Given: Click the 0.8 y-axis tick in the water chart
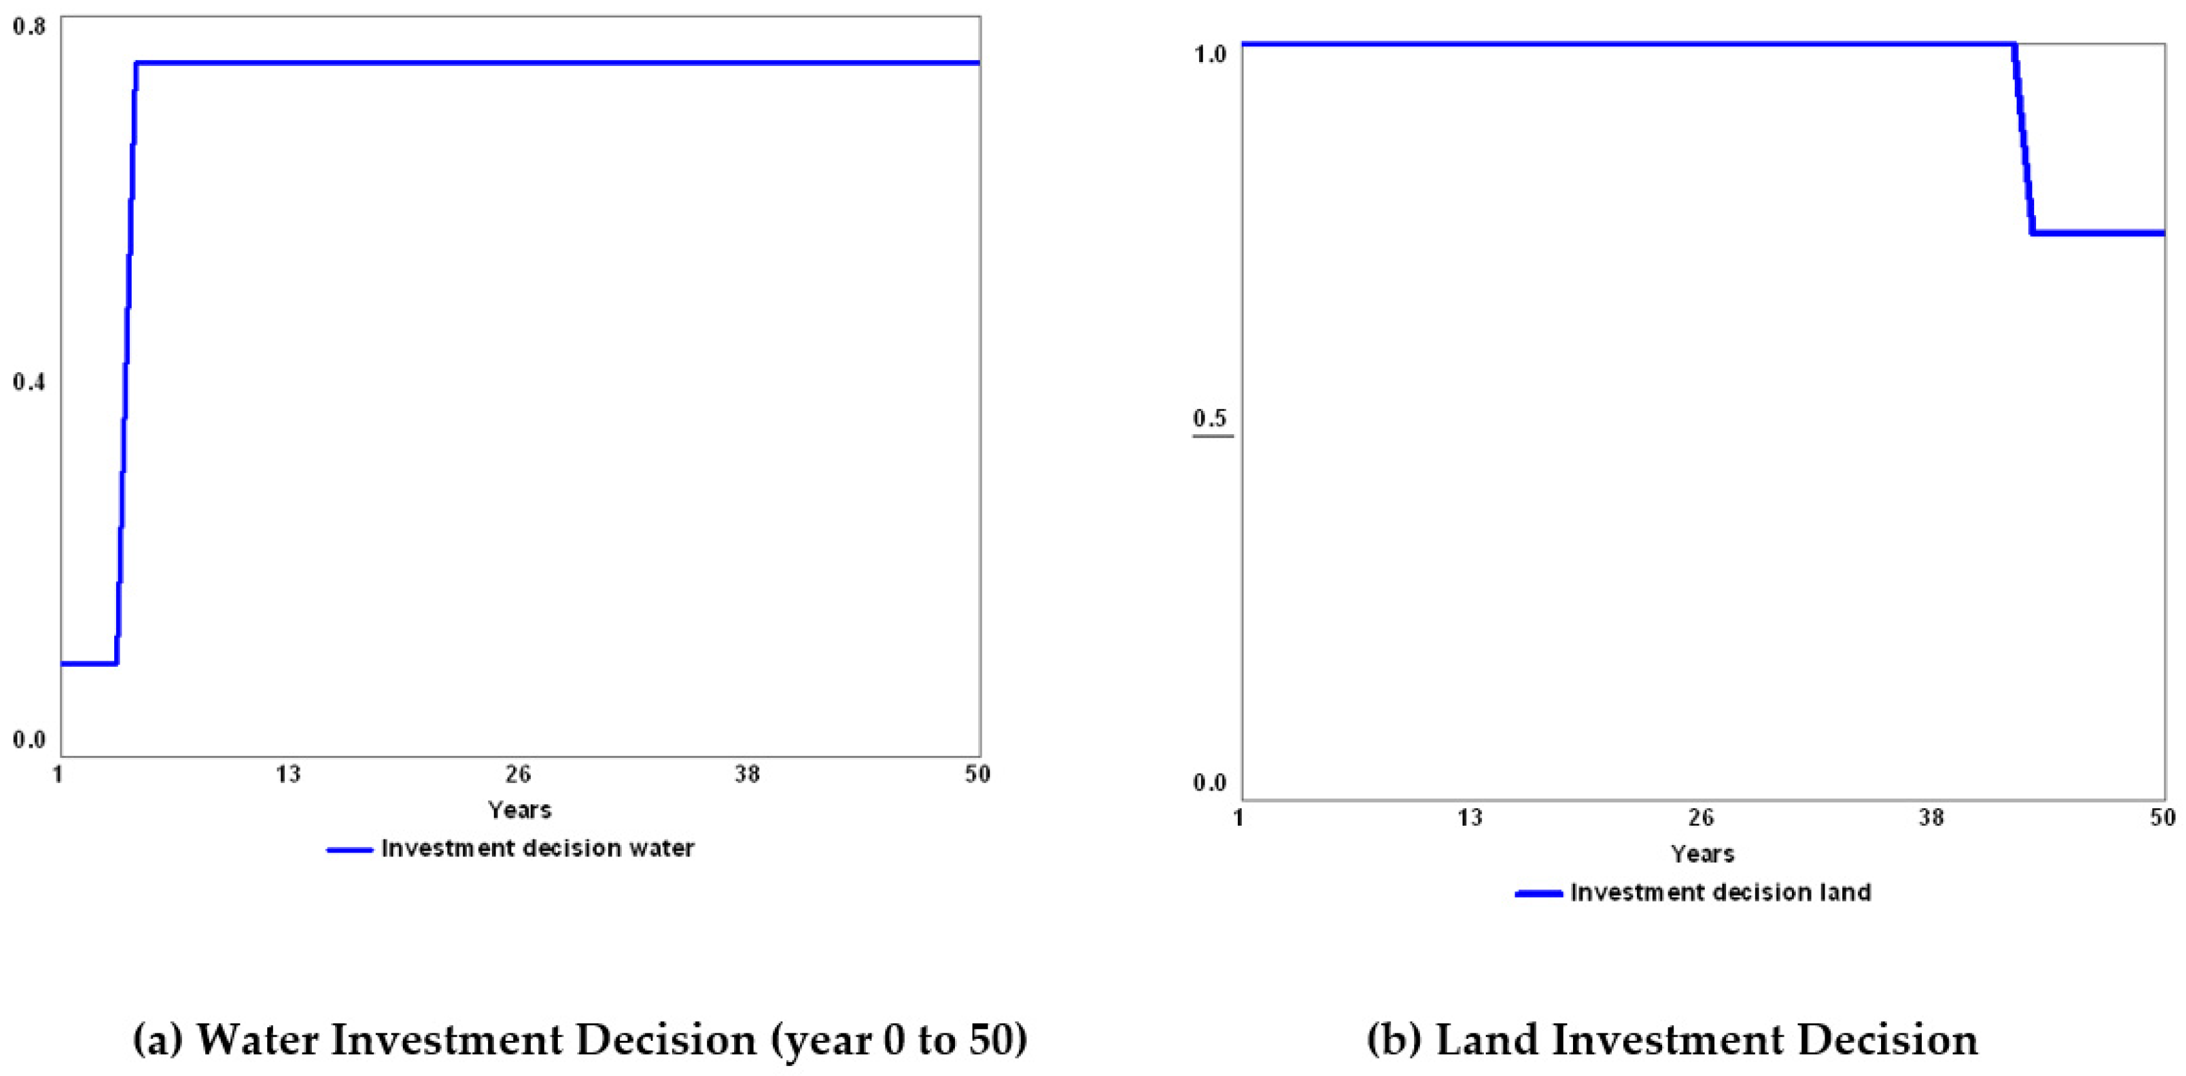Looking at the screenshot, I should point(28,26).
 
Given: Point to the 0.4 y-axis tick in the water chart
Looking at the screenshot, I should point(28,383).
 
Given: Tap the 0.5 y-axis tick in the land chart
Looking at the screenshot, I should point(1210,418).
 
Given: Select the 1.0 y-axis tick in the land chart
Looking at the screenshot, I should point(1210,55).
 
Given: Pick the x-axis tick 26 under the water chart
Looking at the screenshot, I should point(518,774).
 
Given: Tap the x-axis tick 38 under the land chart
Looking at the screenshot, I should point(1931,817).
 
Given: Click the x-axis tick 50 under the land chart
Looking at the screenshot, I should point(2162,817).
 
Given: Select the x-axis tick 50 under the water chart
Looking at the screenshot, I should point(978,774).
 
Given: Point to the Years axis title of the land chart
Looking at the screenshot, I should point(1702,855).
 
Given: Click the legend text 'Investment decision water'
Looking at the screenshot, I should point(538,849).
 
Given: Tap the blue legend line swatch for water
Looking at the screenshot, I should point(349,850).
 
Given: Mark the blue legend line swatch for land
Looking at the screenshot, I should point(1538,893).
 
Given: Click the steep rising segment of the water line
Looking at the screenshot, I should point(125,365).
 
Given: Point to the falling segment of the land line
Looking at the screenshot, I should point(2023,140).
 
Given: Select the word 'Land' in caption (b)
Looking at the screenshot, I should point(1488,1040).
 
